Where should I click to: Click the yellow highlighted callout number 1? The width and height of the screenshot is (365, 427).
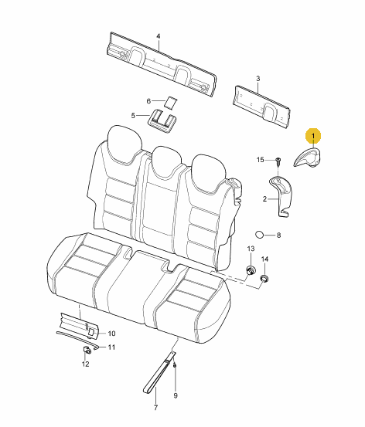pos(313,136)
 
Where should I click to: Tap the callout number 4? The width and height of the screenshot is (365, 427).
pos(159,36)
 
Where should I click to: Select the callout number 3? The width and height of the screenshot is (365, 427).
pos(258,79)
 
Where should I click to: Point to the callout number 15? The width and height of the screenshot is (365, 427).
pos(261,160)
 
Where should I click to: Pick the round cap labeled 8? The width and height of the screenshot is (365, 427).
pos(259,234)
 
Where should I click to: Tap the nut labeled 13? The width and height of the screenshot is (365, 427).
pos(250,271)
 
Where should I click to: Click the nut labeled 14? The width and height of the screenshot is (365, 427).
pos(264,278)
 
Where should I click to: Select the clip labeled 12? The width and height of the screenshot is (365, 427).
pos(87,350)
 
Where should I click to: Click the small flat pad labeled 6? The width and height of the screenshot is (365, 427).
pos(170,102)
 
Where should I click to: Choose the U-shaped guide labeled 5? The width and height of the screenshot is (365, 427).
pos(162,121)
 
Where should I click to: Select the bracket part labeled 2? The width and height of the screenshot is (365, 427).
pos(281,195)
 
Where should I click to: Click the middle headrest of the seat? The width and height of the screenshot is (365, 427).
pos(167,161)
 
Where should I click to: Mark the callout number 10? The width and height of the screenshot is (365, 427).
pos(112,334)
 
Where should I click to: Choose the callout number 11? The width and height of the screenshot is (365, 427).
pos(111,347)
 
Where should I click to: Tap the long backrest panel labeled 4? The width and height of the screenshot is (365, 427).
pos(162,64)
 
